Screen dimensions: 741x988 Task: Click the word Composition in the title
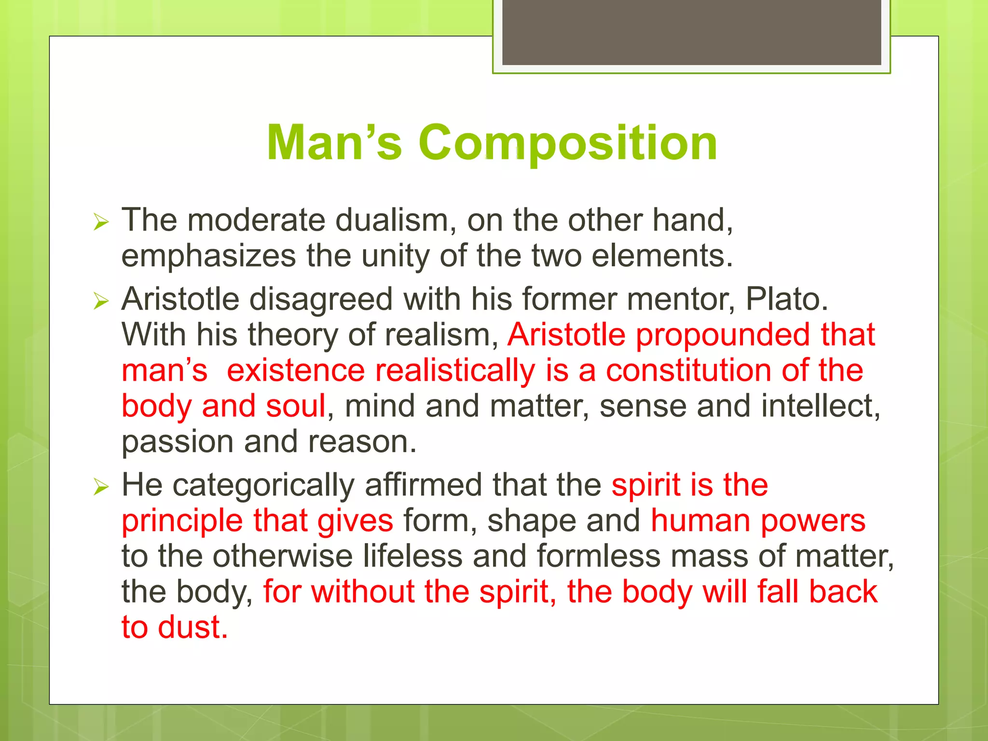pyautogui.click(x=567, y=143)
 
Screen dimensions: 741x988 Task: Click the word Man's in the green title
pyautogui.click(x=334, y=143)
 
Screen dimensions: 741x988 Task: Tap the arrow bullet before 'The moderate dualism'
pyautogui.click(x=101, y=222)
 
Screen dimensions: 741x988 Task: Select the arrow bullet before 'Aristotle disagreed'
pyautogui.click(x=101, y=302)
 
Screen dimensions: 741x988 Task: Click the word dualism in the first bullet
pyautogui.click(x=395, y=220)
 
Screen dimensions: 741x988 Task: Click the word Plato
pyautogui.click(x=786, y=300)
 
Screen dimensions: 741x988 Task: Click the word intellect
pyautogui.click(x=820, y=406)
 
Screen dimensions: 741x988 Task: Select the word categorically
pyautogui.click(x=263, y=485)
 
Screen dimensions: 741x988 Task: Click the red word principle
pyautogui.click(x=182, y=521)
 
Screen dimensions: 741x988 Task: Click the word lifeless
pyautogui.click(x=412, y=556)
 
